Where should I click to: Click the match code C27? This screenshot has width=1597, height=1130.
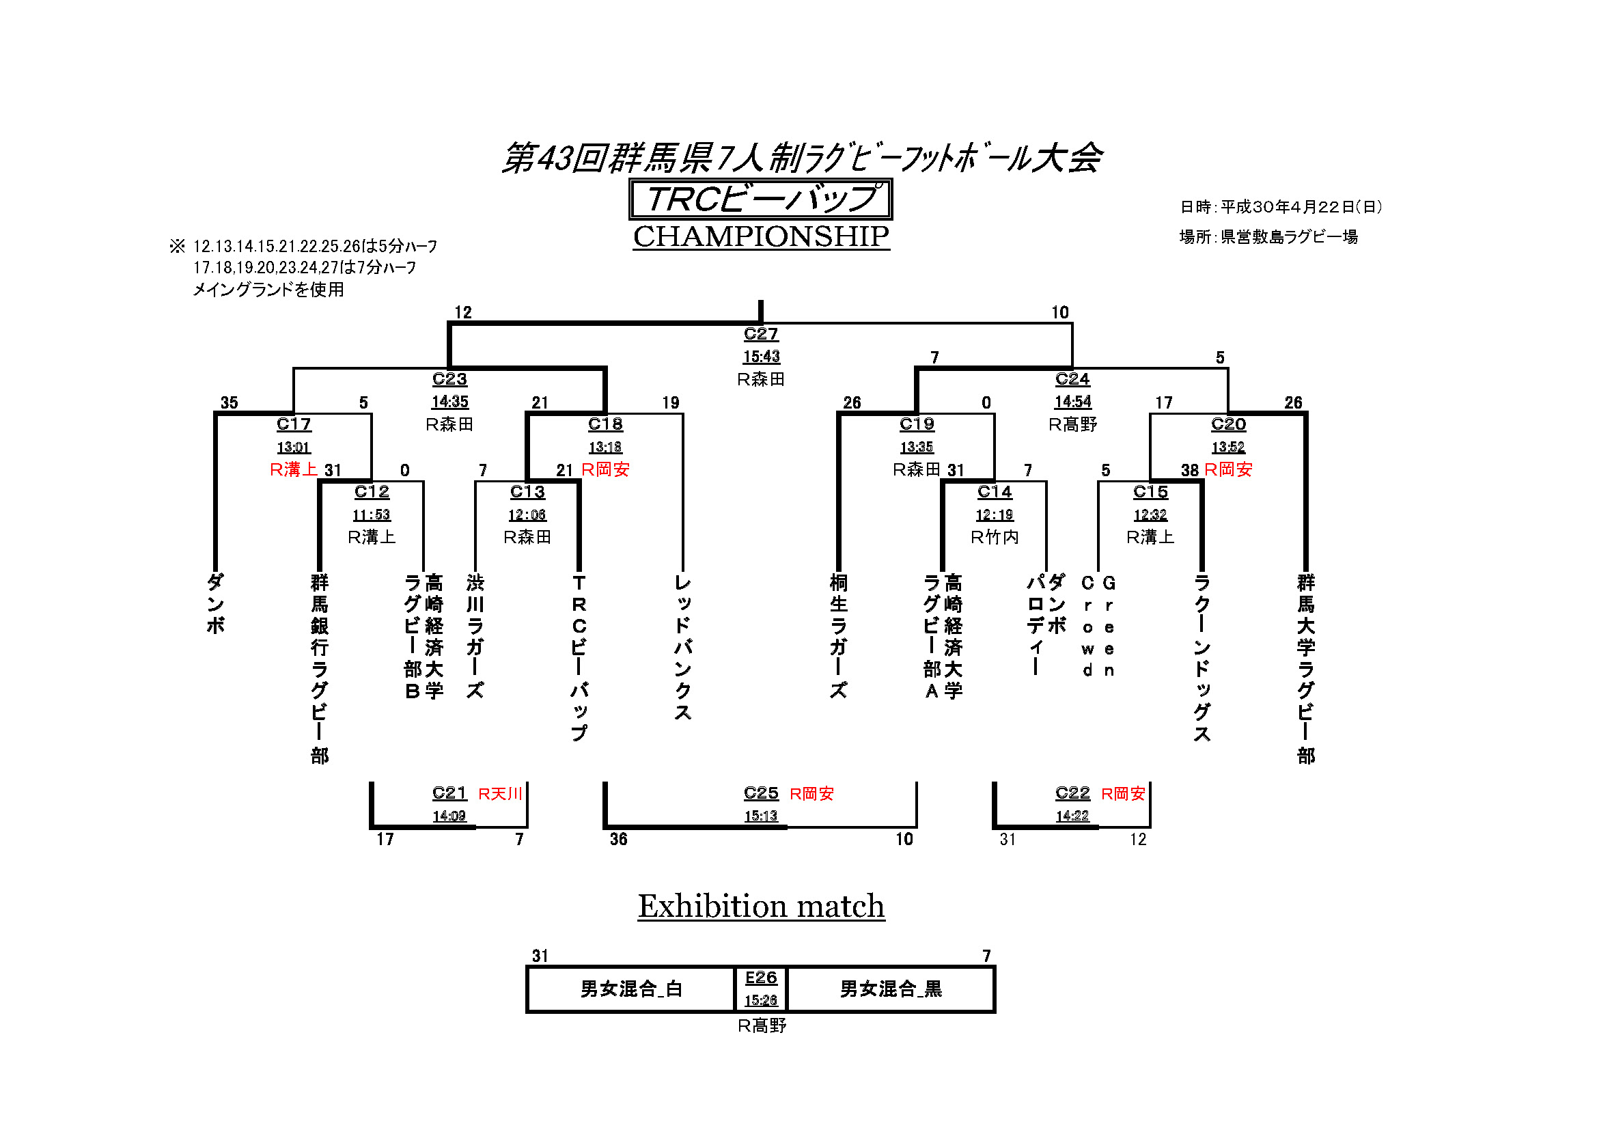[x=760, y=334]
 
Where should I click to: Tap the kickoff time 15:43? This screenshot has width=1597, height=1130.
[x=760, y=357]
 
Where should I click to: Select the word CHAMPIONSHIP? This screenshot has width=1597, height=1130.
[x=760, y=236]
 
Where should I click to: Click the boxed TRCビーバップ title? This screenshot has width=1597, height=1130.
[x=760, y=199]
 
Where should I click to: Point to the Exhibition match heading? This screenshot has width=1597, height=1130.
[x=761, y=906]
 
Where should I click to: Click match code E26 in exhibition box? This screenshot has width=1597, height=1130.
[x=760, y=978]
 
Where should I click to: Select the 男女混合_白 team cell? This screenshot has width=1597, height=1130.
[x=631, y=989]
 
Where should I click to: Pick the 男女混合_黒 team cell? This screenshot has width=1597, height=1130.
[x=890, y=989]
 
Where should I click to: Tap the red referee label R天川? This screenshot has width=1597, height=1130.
[x=500, y=794]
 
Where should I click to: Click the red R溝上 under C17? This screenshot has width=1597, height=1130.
[x=294, y=469]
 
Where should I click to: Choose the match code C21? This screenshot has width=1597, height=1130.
[x=449, y=793]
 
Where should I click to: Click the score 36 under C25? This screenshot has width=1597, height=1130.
[x=618, y=840]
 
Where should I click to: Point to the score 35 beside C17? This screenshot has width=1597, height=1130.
[x=229, y=403]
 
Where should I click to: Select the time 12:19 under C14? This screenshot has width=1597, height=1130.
[x=994, y=515]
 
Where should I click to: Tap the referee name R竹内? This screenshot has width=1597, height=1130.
[x=994, y=537]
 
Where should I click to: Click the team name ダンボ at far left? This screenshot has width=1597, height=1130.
[x=216, y=603]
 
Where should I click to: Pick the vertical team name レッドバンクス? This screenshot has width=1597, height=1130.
[x=682, y=647]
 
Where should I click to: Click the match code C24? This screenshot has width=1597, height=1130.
[x=1072, y=379]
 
